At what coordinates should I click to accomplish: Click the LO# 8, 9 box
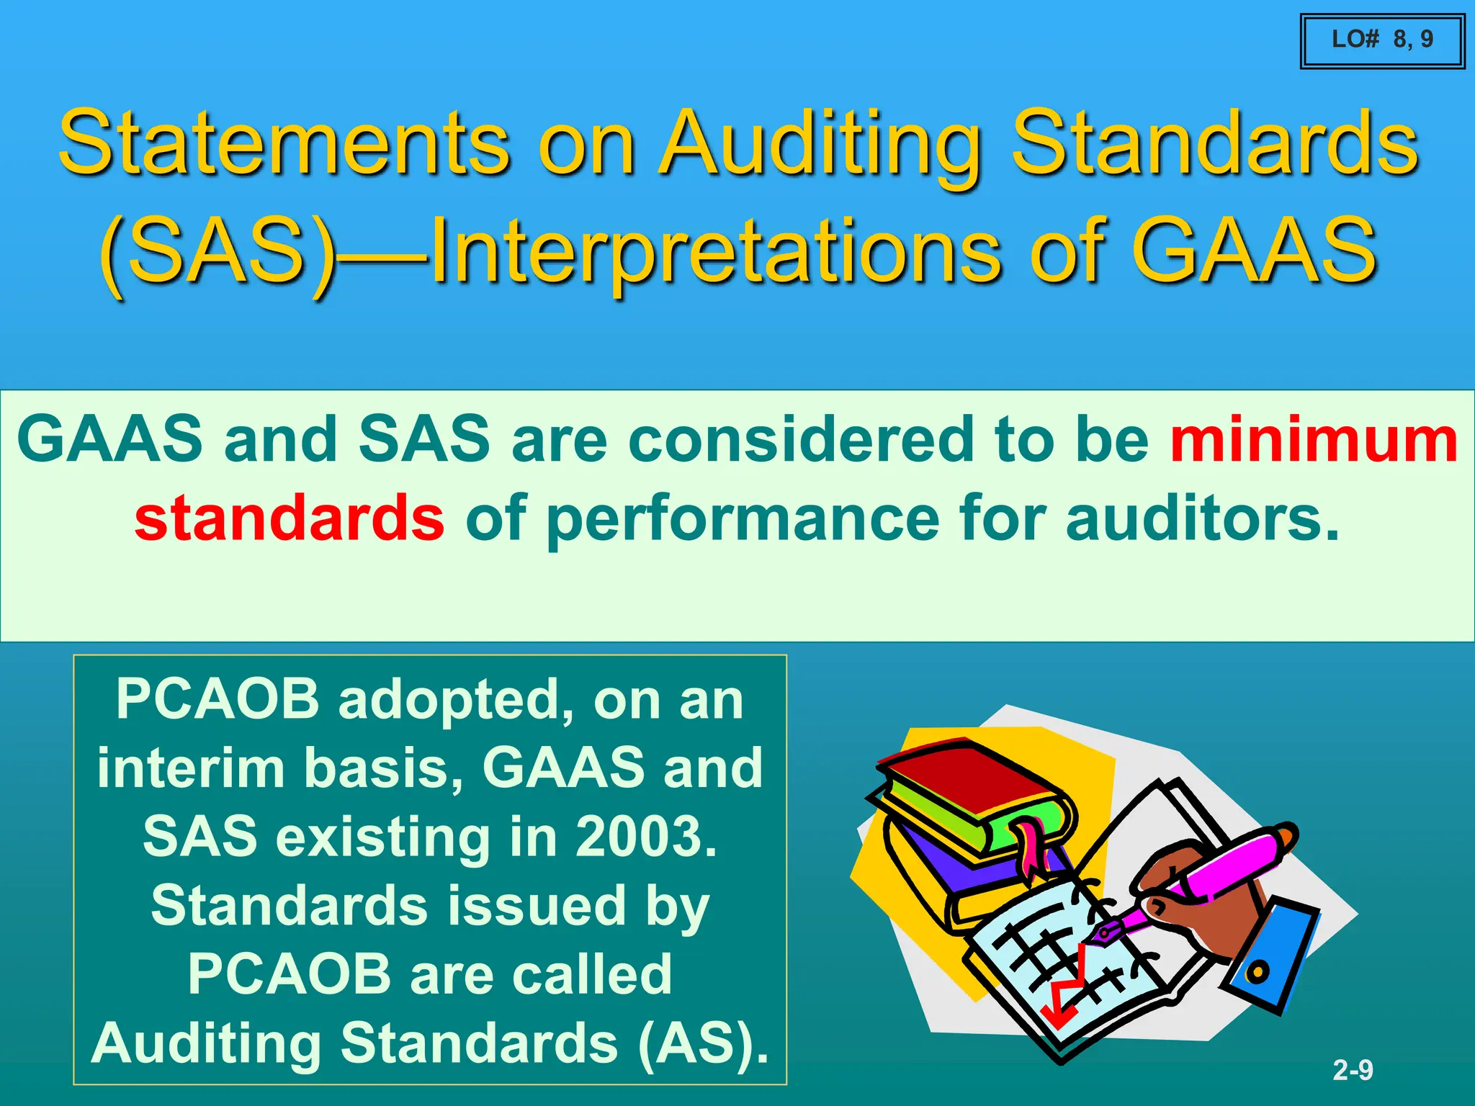1382,40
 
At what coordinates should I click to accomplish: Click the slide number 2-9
1353,1070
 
